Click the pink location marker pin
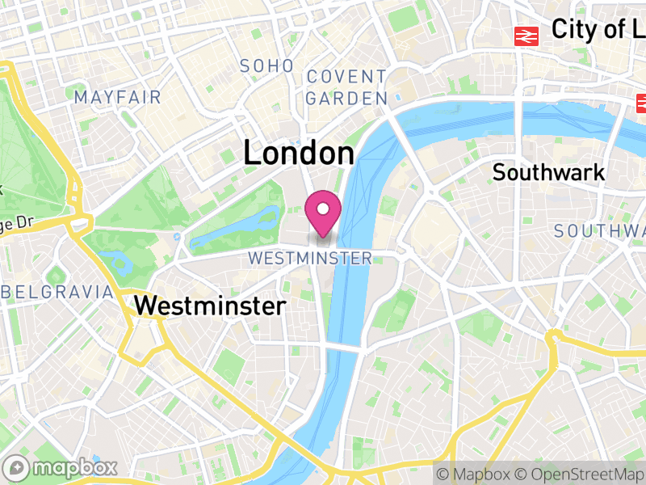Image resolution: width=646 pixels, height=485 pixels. pyautogui.click(x=323, y=212)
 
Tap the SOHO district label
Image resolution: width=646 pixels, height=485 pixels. pyautogui.click(x=266, y=66)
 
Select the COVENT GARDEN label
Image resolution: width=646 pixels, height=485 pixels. pyautogui.click(x=346, y=88)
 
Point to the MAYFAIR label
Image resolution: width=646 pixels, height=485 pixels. pyautogui.click(x=117, y=98)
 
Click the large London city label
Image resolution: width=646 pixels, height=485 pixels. pyautogui.click(x=299, y=154)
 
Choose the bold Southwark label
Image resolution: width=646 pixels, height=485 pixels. pyautogui.click(x=548, y=172)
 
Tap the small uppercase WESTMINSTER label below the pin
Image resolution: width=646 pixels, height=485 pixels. pyautogui.click(x=310, y=259)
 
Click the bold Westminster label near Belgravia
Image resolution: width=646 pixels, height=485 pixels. pyautogui.click(x=210, y=306)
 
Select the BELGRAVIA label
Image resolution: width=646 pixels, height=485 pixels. pyautogui.click(x=58, y=292)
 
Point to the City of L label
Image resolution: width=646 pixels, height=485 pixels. pyautogui.click(x=598, y=30)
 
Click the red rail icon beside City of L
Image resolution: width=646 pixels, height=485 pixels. pyautogui.click(x=527, y=36)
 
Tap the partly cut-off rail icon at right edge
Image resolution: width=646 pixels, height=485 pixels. pyautogui.click(x=641, y=103)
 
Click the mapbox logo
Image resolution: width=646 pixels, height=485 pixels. pyautogui.click(x=62, y=467)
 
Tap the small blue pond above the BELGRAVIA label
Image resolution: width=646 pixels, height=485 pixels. pyautogui.click(x=113, y=260)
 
